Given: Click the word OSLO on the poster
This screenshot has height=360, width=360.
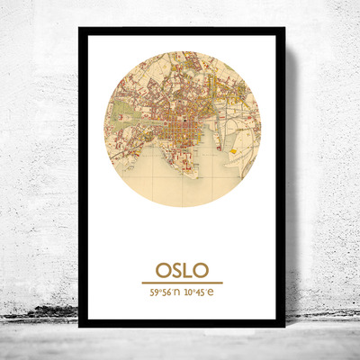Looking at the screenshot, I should point(182,270).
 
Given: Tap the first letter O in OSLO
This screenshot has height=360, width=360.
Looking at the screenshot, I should point(163,270).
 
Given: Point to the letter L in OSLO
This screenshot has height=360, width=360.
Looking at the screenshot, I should point(187,270).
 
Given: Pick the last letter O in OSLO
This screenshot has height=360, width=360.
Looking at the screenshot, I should point(200,270).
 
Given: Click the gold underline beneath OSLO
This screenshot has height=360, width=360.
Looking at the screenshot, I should point(182,283).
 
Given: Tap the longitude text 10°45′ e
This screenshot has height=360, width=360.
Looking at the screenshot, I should point(200,292).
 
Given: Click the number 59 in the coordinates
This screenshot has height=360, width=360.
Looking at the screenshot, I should point(155,292).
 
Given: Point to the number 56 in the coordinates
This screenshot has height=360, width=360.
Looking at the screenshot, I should point(166,292).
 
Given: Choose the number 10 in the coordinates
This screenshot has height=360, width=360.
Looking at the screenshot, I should point(189,292).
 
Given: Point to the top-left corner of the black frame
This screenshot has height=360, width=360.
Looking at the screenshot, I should point(80,29).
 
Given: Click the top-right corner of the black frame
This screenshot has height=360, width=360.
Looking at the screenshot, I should point(283,29).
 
